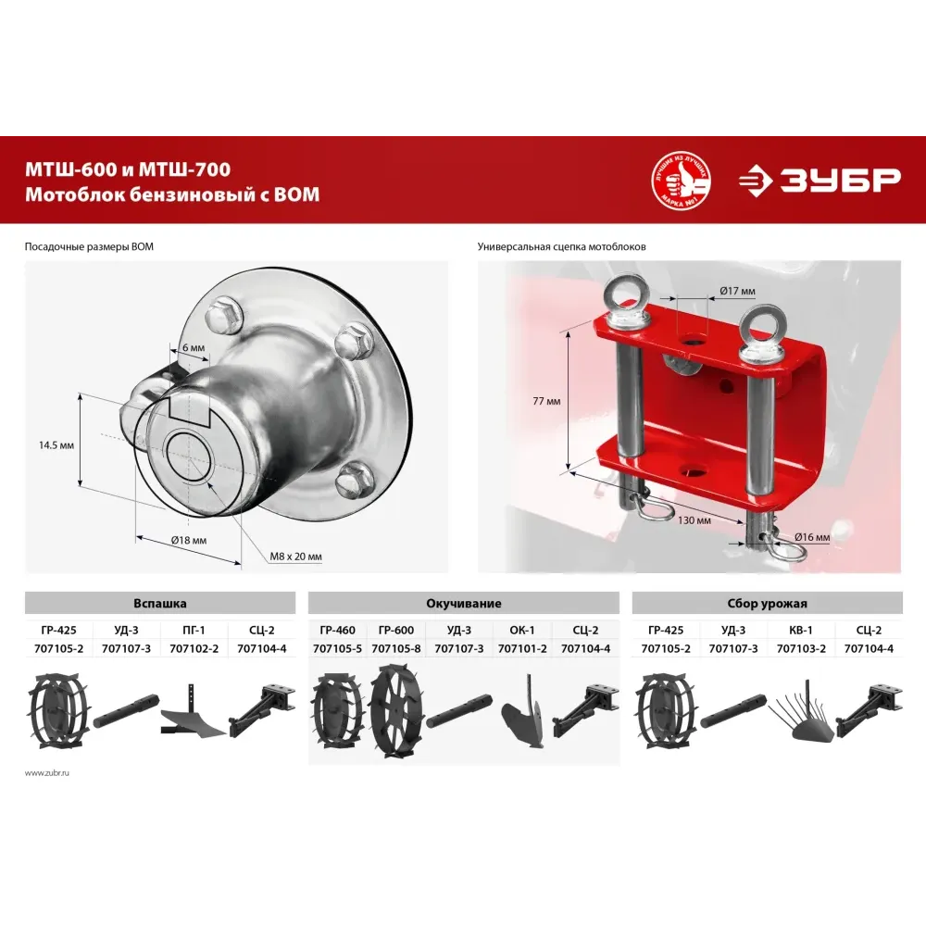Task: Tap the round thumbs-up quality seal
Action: tap(681, 181)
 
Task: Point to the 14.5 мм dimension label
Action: tap(56, 444)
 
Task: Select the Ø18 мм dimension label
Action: tap(189, 540)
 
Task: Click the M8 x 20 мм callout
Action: tap(296, 557)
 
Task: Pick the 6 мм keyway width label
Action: tap(194, 347)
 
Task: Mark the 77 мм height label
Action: tap(546, 401)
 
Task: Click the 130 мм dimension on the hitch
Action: tap(694, 520)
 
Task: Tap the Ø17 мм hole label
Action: tap(738, 291)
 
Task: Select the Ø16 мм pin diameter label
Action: tap(812, 537)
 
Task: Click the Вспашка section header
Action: tap(160, 604)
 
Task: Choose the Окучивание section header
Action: tap(464, 604)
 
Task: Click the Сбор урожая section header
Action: tap(767, 604)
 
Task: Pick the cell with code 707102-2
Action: tap(194, 648)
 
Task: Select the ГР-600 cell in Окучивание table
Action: tap(396, 630)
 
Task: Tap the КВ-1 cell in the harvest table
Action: tap(801, 630)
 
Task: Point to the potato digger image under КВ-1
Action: tap(801, 716)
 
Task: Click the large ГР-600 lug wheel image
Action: tap(397, 711)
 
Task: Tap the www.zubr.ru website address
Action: tap(47, 772)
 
